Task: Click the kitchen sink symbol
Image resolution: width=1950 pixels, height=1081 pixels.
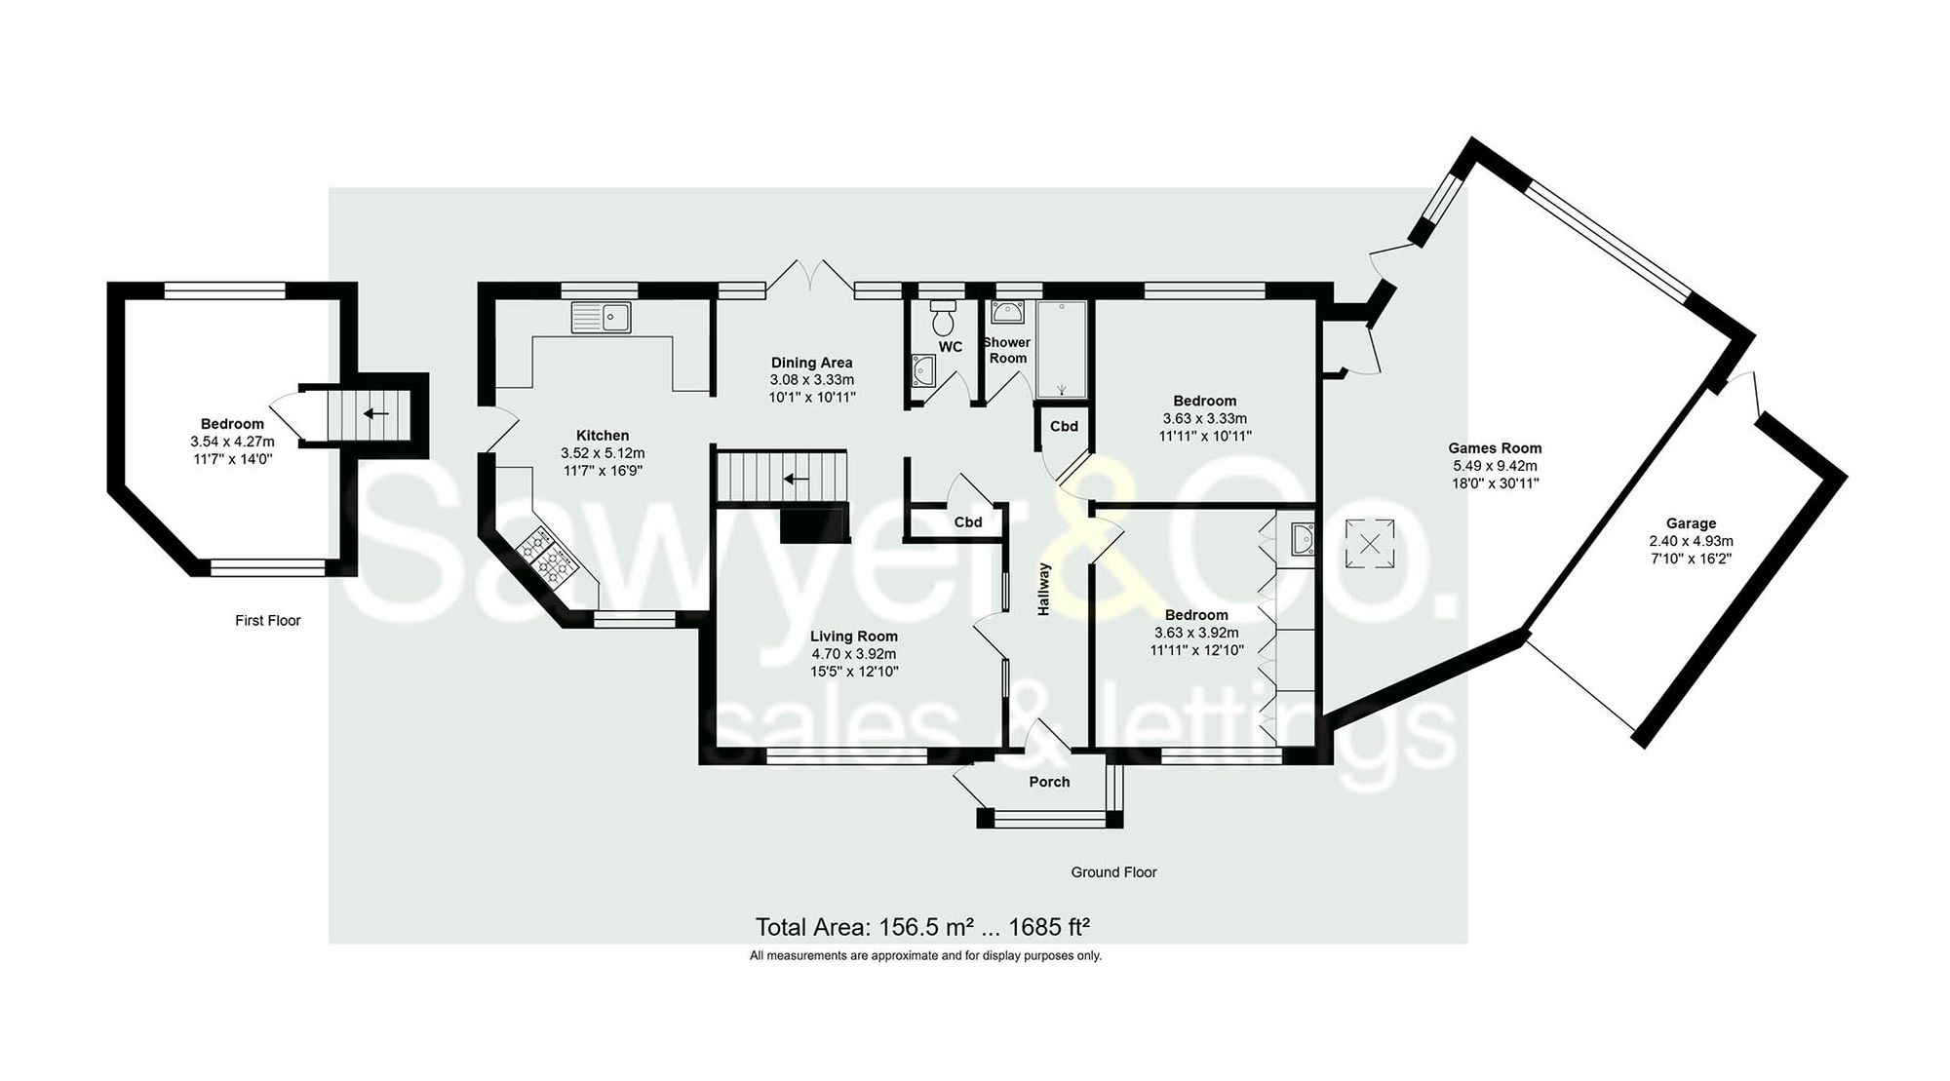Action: coord(602,317)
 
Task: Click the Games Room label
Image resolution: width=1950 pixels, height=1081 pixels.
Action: coord(1495,448)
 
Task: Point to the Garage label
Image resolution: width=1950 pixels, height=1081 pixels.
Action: coord(1691,523)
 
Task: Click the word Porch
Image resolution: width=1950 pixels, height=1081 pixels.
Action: coord(1049,782)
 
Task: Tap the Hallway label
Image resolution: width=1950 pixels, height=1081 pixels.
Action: coord(1044,589)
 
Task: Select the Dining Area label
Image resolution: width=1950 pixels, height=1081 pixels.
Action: coord(811,363)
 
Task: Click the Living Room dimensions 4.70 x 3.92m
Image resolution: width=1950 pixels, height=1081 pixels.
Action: coord(853,654)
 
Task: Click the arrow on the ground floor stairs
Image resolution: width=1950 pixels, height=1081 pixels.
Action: coord(797,479)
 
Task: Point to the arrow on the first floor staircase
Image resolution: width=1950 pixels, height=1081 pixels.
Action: coord(375,413)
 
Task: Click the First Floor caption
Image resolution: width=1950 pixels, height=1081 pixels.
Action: coord(268,620)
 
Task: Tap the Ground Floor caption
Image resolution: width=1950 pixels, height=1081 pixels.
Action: coord(1113,872)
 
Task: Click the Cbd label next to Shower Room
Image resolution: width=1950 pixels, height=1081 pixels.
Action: coord(1064,426)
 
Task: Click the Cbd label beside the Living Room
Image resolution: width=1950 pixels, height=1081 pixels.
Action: coord(967,521)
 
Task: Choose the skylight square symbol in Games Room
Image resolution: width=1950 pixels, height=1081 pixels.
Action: coord(1370,543)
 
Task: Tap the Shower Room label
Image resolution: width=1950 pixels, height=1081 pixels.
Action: coord(1007,350)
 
